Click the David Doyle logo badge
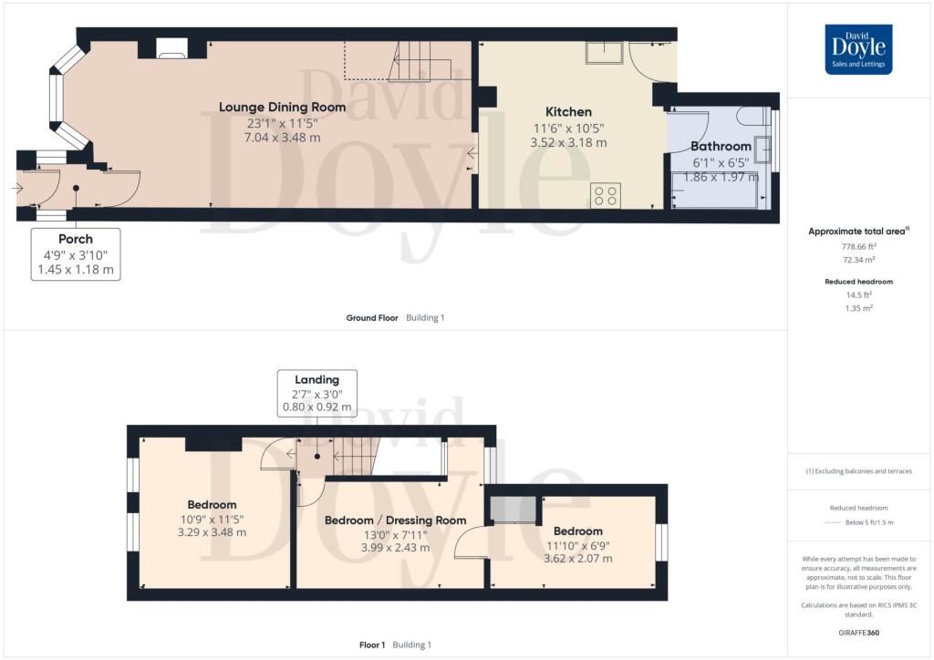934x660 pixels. click(858, 49)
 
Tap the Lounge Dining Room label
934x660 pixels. click(283, 108)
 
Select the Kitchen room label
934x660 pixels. click(569, 112)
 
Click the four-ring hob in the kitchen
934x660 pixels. click(606, 196)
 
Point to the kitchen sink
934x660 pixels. click(604, 53)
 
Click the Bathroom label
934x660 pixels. click(721, 147)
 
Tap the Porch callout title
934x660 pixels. click(76, 239)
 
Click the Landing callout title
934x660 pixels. click(317, 380)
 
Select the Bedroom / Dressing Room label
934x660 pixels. click(396, 521)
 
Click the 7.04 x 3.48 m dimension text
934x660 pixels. click(283, 138)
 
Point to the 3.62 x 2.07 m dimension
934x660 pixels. click(577, 558)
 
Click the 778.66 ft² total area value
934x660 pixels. click(858, 246)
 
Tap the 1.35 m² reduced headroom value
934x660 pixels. click(858, 308)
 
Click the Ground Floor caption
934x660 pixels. click(372, 318)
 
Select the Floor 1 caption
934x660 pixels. click(372, 645)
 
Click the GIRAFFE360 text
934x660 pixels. click(858, 633)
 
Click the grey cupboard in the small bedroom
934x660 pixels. click(514, 510)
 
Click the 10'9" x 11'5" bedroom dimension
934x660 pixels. click(212, 520)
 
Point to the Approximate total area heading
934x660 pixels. click(858, 232)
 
